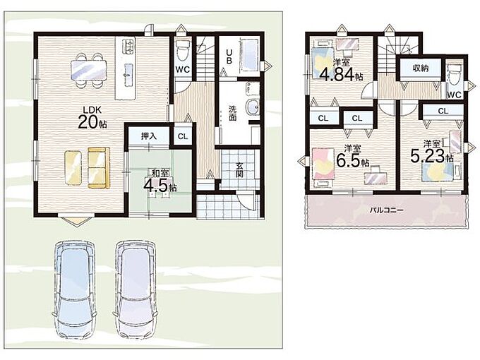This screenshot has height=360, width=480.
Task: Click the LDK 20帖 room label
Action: pyautogui.click(x=92, y=117)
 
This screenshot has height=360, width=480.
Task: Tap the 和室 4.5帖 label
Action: pyautogui.click(x=160, y=181)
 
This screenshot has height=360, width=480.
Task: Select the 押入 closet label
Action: pyautogui.click(x=149, y=136)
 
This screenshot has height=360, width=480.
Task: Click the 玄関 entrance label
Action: pyautogui.click(x=240, y=170)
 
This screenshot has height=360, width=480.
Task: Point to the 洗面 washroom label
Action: pyautogui.click(x=233, y=113)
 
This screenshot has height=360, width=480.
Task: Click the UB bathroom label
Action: pyautogui.click(x=229, y=56)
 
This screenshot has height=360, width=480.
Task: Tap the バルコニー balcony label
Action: pyautogui.click(x=386, y=210)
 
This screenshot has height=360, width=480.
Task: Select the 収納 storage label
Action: pyautogui.click(x=420, y=68)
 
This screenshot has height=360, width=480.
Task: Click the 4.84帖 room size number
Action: pyautogui.click(x=342, y=74)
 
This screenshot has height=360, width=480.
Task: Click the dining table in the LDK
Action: pyautogui.click(x=89, y=70)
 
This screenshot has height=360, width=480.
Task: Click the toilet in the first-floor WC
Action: pyautogui.click(x=183, y=51)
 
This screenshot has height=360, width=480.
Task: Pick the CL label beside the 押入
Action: pyautogui.click(x=183, y=136)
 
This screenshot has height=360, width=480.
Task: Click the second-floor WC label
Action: pyautogui.click(x=454, y=95)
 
